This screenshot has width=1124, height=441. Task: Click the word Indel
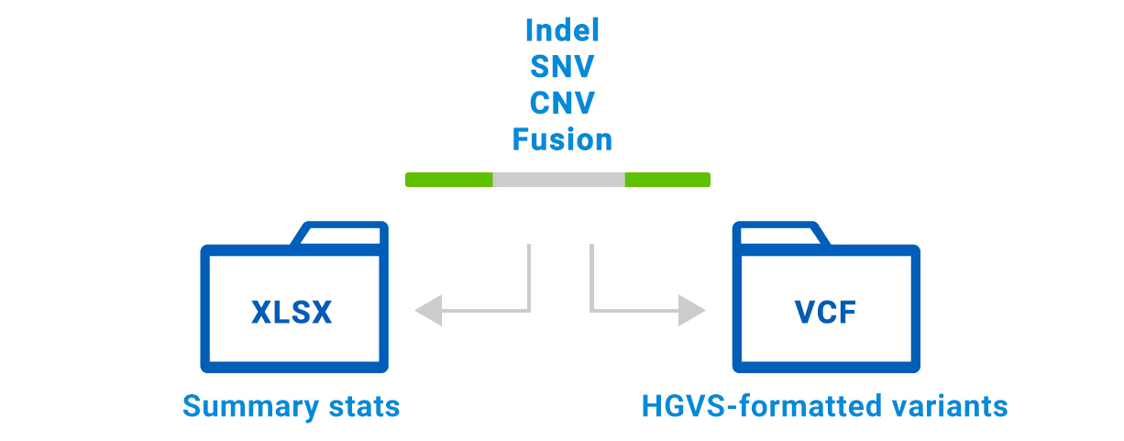click(x=562, y=30)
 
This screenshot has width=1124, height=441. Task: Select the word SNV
click(x=562, y=67)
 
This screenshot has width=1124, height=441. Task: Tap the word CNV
click(x=562, y=103)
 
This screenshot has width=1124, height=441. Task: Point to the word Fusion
click(x=562, y=139)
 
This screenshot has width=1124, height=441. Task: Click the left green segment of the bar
click(x=449, y=180)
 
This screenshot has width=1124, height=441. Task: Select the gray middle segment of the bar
click(x=559, y=180)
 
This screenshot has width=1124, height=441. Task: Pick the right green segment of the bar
click(x=667, y=180)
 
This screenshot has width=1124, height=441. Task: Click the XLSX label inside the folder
click(x=292, y=312)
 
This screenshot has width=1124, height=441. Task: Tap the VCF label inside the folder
click(x=825, y=312)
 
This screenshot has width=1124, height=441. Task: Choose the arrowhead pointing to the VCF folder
click(x=693, y=311)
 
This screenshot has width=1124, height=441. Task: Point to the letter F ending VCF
click(x=848, y=312)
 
